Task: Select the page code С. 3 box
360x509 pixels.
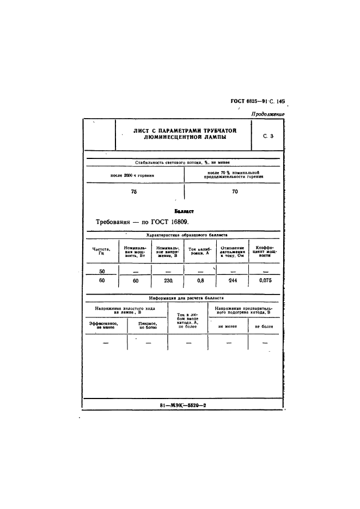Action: [x=267, y=137]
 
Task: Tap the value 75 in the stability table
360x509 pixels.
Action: [x=134, y=192]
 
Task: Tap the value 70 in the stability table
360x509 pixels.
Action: [x=234, y=192]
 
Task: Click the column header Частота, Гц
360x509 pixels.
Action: [x=101, y=251]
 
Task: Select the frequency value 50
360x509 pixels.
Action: [x=102, y=271]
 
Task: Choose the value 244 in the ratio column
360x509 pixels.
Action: [x=233, y=280]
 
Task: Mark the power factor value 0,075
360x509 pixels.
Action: [x=265, y=280]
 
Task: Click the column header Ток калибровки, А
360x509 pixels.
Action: [x=200, y=252]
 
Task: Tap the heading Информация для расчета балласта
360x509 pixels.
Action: [x=183, y=298]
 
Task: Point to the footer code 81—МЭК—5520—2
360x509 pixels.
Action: [x=183, y=406]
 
